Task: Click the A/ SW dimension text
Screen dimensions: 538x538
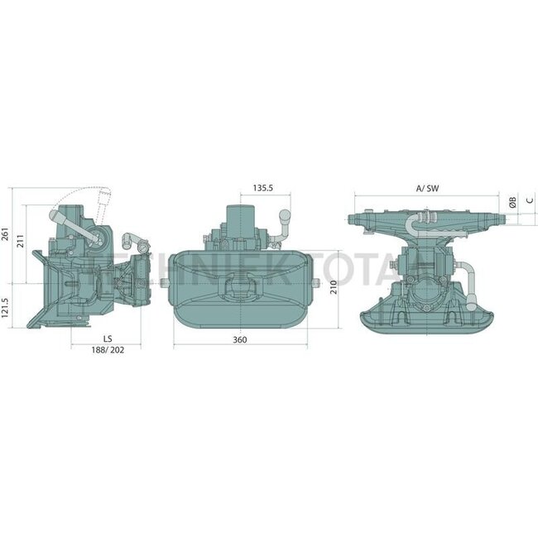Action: click(428, 189)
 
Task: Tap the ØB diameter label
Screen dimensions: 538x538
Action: click(513, 202)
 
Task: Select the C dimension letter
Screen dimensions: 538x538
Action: click(528, 202)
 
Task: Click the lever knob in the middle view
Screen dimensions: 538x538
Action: click(286, 217)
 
